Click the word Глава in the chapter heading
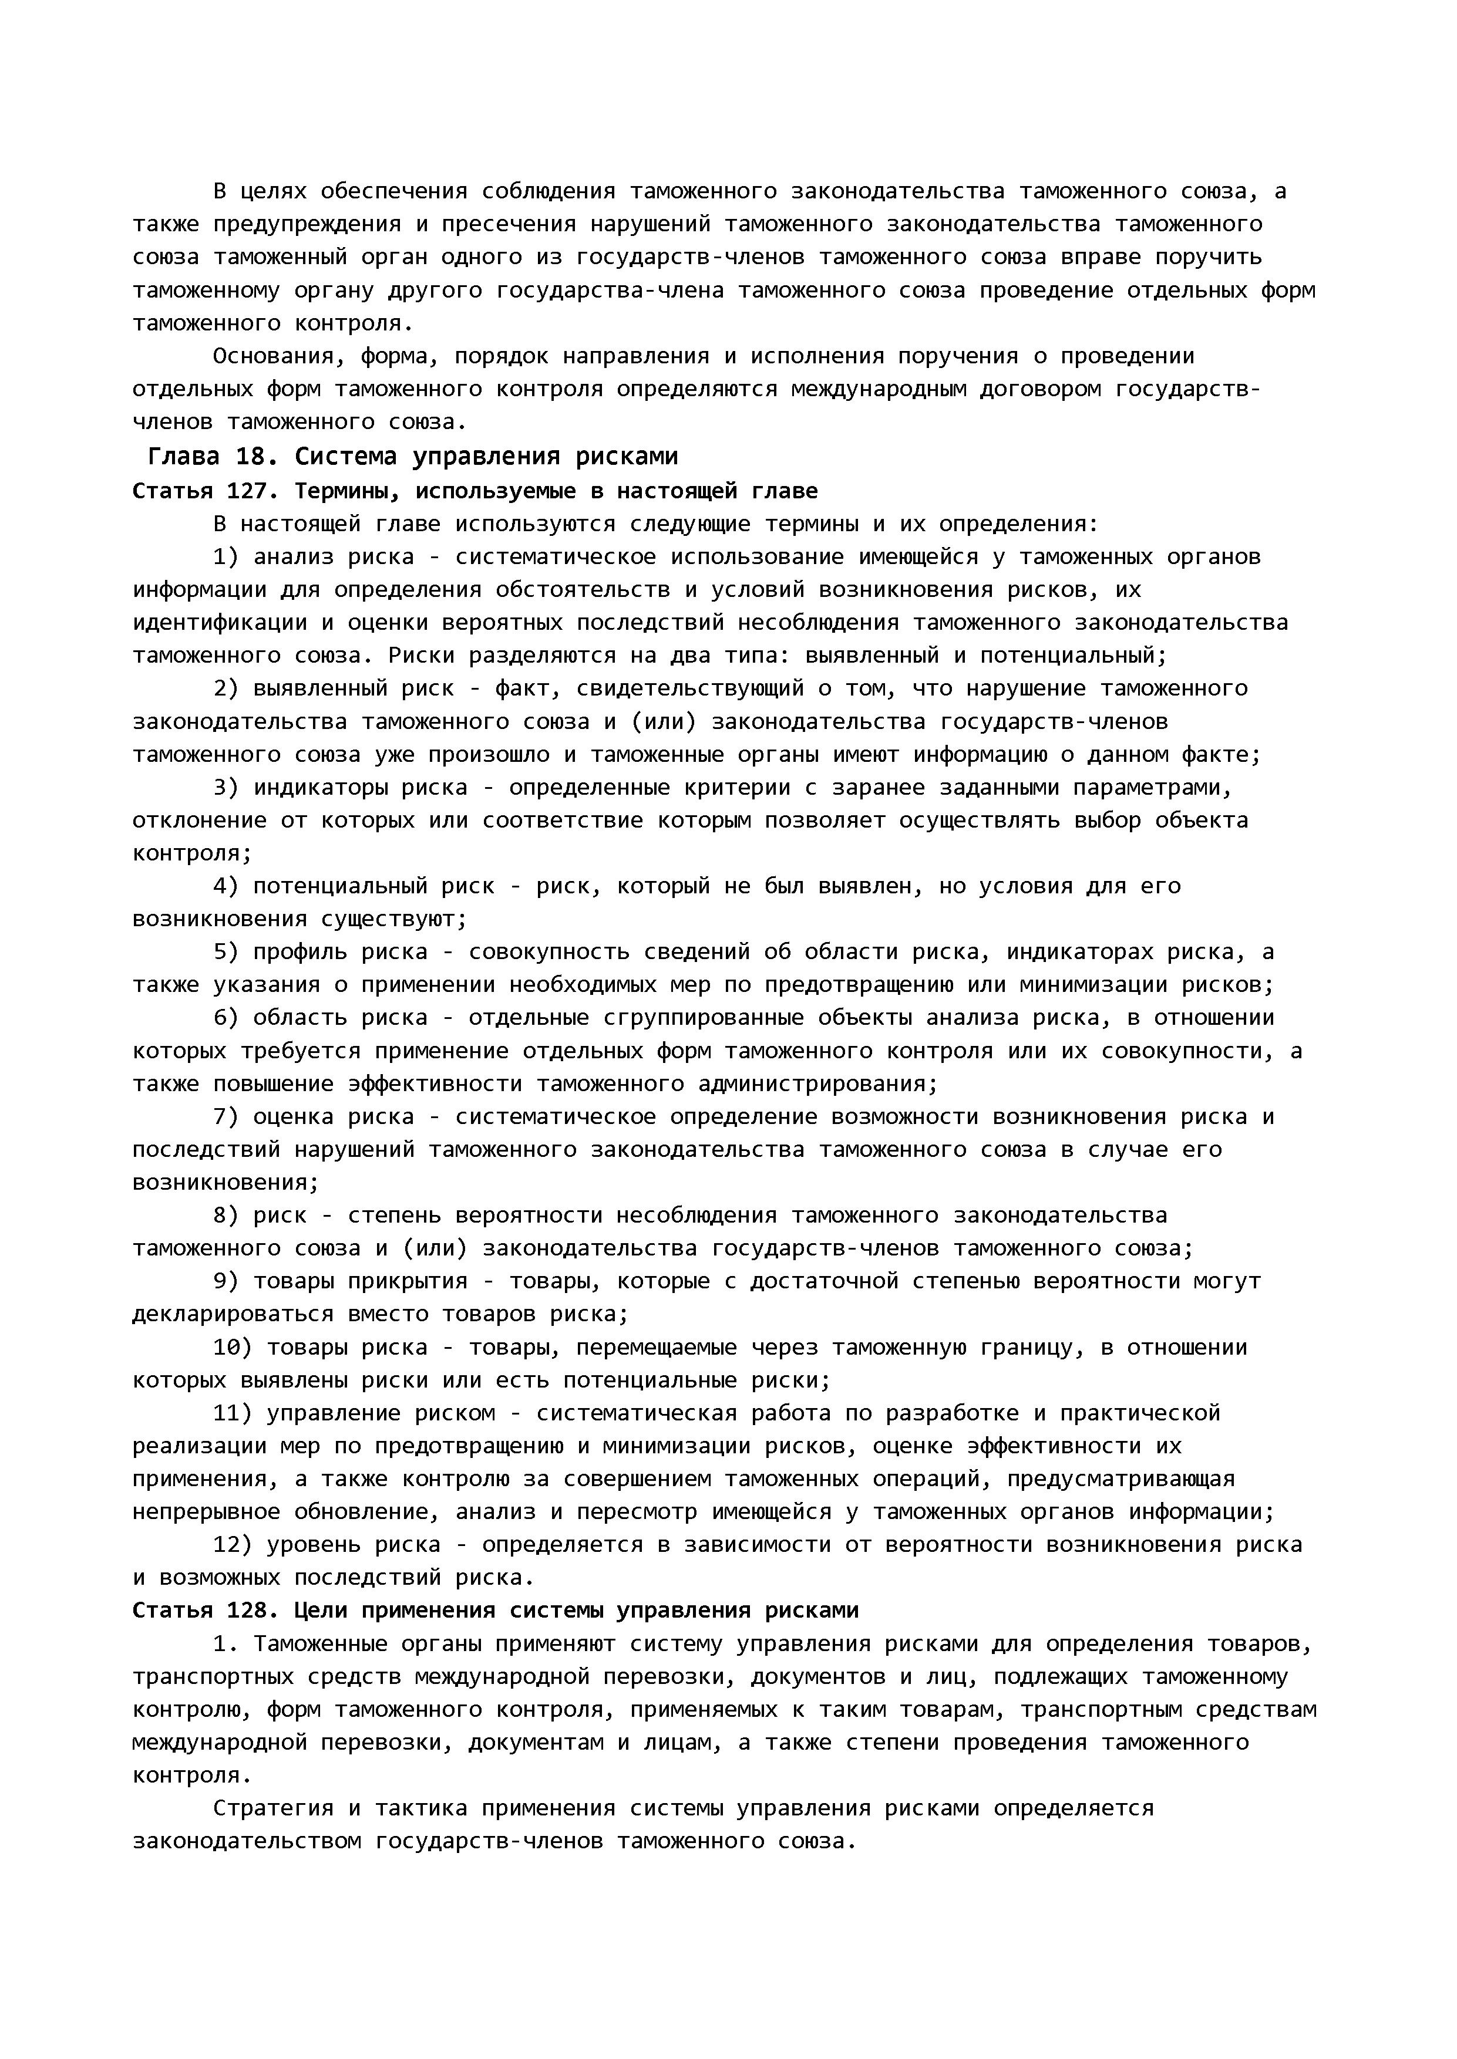[183, 457]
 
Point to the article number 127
[254, 491]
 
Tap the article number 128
[254, 1611]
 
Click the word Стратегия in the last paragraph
[272, 1809]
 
